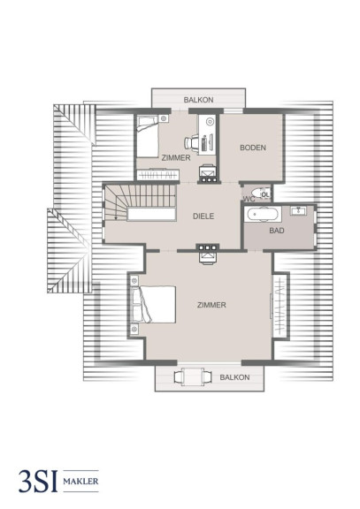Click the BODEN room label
(253, 148)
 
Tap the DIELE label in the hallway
(203, 217)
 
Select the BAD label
(277, 231)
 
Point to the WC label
(249, 199)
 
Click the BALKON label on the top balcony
(198, 100)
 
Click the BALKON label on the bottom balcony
(234, 377)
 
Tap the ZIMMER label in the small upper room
(176, 158)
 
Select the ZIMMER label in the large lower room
(211, 305)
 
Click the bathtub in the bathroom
(263, 214)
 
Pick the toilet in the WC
(261, 194)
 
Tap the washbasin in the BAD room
(298, 211)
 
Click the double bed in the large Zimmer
(153, 304)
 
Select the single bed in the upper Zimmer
(147, 136)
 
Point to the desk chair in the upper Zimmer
(191, 142)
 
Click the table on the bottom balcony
(193, 376)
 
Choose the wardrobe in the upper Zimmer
(158, 175)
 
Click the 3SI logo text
(38, 481)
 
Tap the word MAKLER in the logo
(80, 481)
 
